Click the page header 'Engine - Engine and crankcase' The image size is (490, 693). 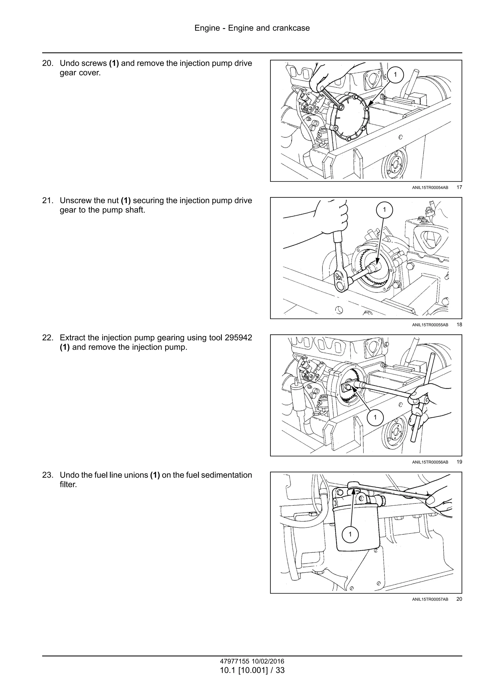click(252, 28)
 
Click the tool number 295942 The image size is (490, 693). click(238, 338)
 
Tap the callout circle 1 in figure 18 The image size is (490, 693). click(384, 210)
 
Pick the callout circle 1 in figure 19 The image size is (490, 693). click(375, 417)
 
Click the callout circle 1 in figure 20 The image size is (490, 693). click(350, 534)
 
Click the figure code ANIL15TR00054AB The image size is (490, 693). click(430, 188)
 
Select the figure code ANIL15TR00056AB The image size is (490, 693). click(430, 462)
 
